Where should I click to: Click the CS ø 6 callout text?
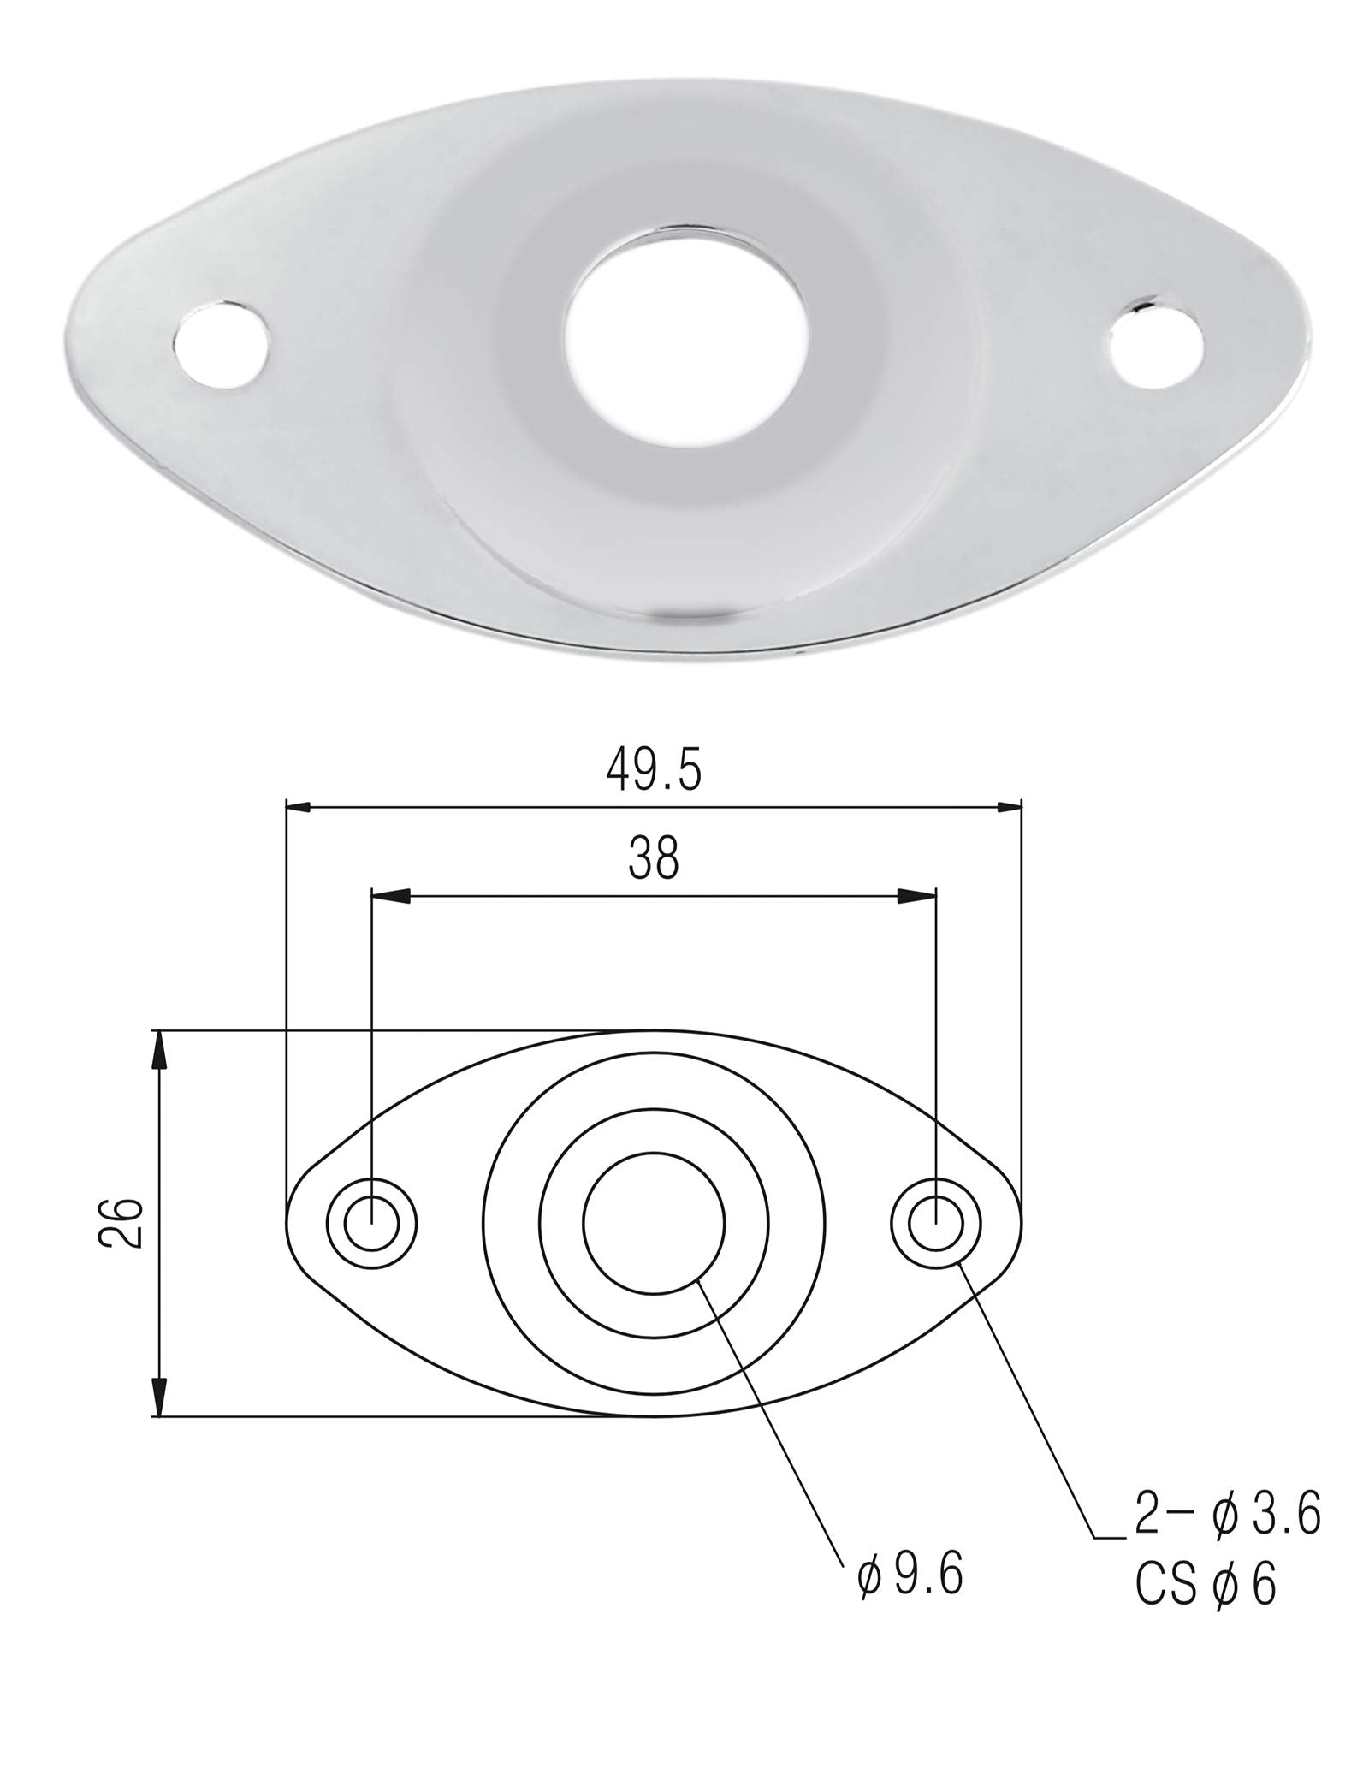pos(1206,1586)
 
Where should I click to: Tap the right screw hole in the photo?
pos(1157,344)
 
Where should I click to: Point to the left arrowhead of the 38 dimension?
pos(389,895)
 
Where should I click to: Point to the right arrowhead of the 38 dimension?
pos(918,895)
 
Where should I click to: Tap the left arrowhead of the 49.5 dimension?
pos(297,806)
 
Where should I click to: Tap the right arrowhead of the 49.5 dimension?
pos(1010,806)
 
